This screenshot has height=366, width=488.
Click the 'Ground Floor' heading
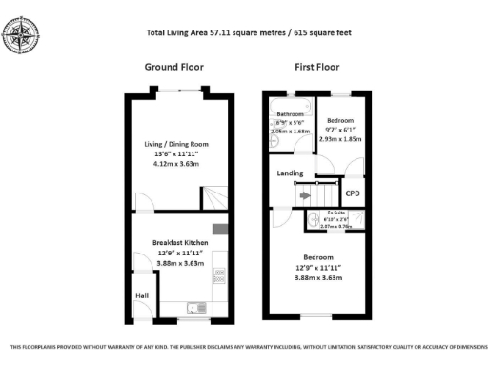(173, 67)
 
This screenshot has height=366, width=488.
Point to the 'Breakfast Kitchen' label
(174, 243)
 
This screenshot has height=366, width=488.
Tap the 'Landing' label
(290, 173)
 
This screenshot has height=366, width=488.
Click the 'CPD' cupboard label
(352, 193)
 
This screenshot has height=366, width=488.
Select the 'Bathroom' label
(290, 114)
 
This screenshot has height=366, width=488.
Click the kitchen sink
(197, 307)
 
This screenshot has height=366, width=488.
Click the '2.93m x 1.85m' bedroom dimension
(340, 139)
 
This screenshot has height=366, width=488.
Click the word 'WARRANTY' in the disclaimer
(173, 347)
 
